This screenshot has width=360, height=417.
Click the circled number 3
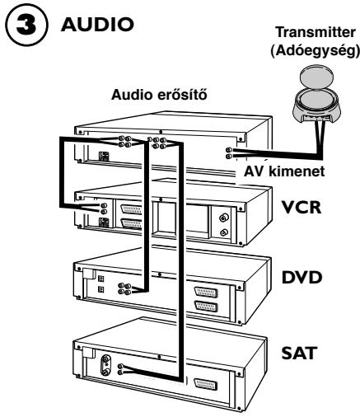[x=26, y=26]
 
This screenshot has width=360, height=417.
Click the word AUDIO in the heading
[x=97, y=24]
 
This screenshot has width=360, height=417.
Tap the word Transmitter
[x=316, y=32]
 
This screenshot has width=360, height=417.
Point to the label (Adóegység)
[x=315, y=50]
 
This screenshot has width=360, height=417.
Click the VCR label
[x=302, y=207]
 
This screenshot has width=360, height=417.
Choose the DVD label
[x=302, y=278]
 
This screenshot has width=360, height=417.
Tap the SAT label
[x=299, y=353]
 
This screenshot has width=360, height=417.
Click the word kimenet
[x=297, y=171]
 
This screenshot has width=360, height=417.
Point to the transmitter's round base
[x=316, y=108]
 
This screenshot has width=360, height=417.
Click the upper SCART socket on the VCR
[x=132, y=210]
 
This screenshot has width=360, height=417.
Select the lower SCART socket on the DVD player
[x=206, y=306]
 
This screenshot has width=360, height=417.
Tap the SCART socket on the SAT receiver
[x=205, y=385]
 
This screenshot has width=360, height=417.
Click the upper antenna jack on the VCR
[x=224, y=218]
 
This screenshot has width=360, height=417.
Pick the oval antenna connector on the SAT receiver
[x=105, y=365]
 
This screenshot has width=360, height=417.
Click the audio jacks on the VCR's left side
[x=104, y=208]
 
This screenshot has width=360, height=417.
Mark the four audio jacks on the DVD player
[x=124, y=288]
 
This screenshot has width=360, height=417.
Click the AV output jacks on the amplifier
[x=228, y=153]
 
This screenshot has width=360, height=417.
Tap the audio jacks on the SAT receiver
[x=120, y=369]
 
